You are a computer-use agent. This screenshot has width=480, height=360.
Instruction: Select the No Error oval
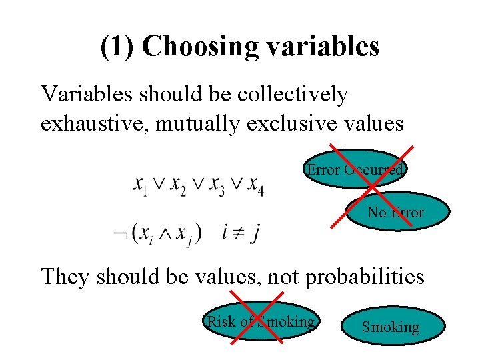pos(396,212)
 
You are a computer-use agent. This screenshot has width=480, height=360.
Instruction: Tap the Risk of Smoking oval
pos(261,321)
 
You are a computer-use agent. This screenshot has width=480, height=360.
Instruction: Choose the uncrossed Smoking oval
pos(391,327)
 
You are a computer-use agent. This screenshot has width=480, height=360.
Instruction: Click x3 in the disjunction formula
pos(217,183)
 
